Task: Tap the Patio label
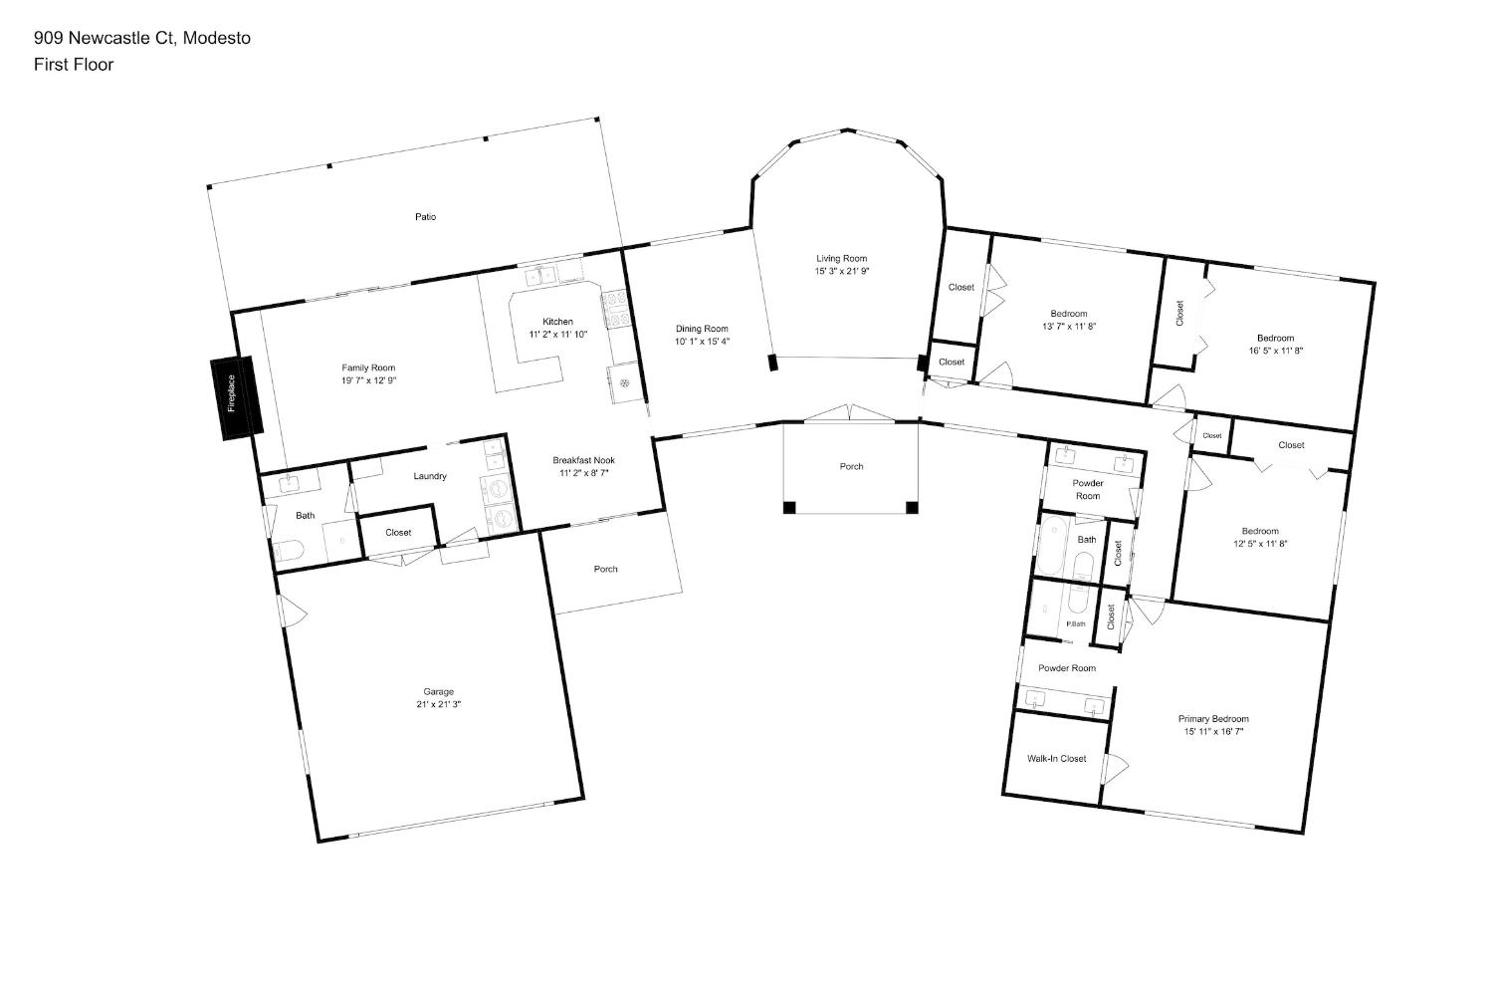[x=425, y=217]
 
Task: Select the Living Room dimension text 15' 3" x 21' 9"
[x=842, y=272]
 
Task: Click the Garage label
[x=438, y=691]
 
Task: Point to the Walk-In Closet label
[x=1056, y=758]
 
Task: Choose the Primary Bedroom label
[x=1213, y=719]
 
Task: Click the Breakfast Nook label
[x=584, y=460]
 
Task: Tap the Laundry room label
[x=430, y=476]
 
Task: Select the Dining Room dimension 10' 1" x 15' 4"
[x=702, y=342]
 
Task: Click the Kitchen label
[x=557, y=322]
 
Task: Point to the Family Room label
[x=368, y=368]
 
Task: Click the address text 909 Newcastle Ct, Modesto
[x=142, y=38]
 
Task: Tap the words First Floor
[x=74, y=65]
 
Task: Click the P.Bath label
[x=1076, y=624]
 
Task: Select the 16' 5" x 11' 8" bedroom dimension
[x=1276, y=351]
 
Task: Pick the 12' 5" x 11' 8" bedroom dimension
[x=1260, y=544]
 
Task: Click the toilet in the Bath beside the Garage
[x=288, y=551]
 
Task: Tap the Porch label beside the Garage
[x=606, y=569]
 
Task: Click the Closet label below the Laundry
[x=398, y=532]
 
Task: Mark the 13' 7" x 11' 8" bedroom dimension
[x=1069, y=326]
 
